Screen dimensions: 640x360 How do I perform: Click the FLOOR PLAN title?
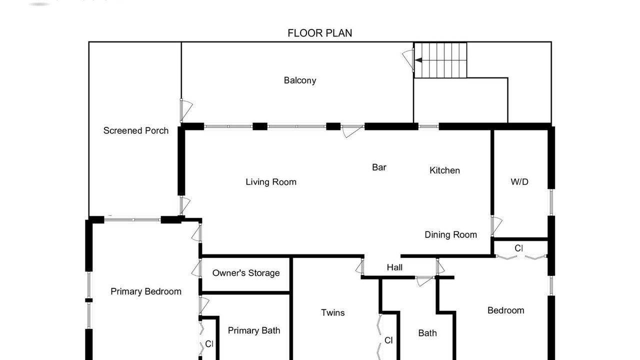pyautogui.click(x=319, y=33)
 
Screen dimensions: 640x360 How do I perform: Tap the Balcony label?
pyautogui.click(x=300, y=80)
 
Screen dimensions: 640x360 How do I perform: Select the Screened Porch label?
pyautogui.click(x=135, y=130)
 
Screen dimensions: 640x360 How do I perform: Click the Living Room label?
pyautogui.click(x=271, y=182)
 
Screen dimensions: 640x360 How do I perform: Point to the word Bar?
pyautogui.click(x=379, y=167)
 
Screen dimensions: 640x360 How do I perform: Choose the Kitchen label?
pyautogui.click(x=444, y=170)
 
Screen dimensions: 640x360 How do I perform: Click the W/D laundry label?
pyautogui.click(x=519, y=181)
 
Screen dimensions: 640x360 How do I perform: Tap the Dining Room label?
pyautogui.click(x=450, y=234)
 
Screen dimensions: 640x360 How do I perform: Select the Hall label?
pyautogui.click(x=394, y=267)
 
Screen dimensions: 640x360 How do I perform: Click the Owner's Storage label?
pyautogui.click(x=246, y=273)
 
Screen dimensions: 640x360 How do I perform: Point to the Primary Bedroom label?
pyautogui.click(x=145, y=291)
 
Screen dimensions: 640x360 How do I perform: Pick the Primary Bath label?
pyautogui.click(x=253, y=330)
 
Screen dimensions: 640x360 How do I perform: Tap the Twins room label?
pyautogui.click(x=332, y=312)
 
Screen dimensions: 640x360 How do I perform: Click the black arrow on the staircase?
pyautogui.click(x=418, y=60)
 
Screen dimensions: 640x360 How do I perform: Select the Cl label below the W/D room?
pyautogui.click(x=519, y=248)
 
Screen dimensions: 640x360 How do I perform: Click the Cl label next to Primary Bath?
pyautogui.click(x=209, y=343)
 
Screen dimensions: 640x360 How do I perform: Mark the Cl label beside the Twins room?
pyautogui.click(x=388, y=340)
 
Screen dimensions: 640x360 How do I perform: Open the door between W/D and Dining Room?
pyautogui.click(x=496, y=226)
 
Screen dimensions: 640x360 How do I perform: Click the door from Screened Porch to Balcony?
pyautogui.click(x=186, y=110)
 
